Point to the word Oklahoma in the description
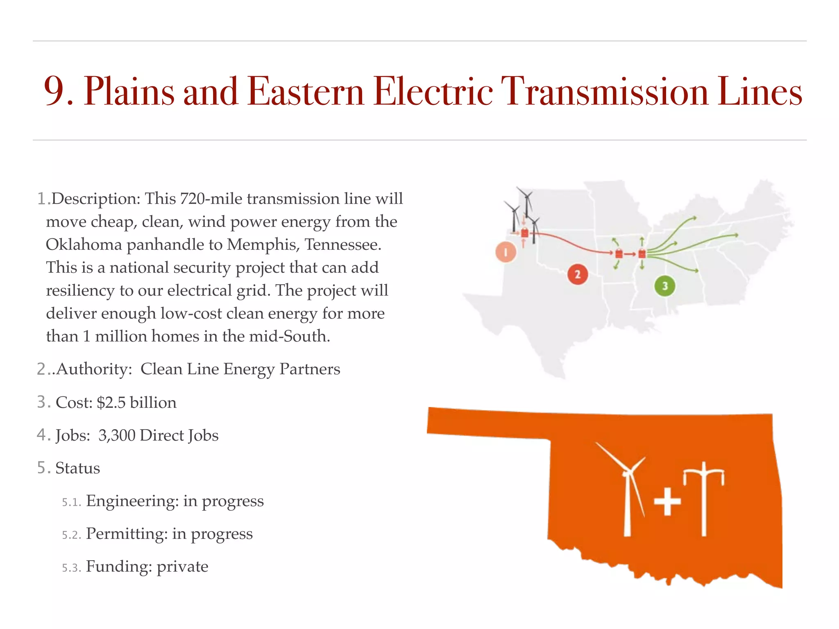pyautogui.click(x=84, y=245)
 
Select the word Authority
pyautogui.click(x=94, y=369)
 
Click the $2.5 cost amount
pyautogui.click(x=111, y=403)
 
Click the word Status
pyautogui.click(x=77, y=468)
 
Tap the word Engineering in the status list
pyautogui.click(x=132, y=501)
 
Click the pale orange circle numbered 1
pyautogui.click(x=506, y=252)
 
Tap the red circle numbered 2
pyautogui.click(x=578, y=274)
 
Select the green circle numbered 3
pyautogui.click(x=664, y=286)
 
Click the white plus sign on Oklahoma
pyautogui.click(x=667, y=501)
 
